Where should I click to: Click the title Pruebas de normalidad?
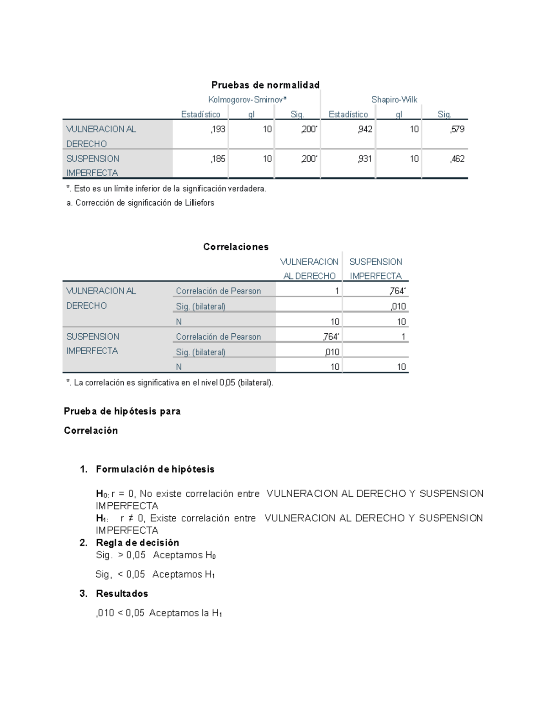pyautogui.click(x=265, y=85)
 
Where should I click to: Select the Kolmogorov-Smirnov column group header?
pyautogui.click(x=247, y=100)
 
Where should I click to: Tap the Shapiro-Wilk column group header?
pyautogui.click(x=394, y=100)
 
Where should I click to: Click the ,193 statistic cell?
pyautogui.click(x=218, y=129)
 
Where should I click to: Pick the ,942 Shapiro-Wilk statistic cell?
pyautogui.click(x=365, y=129)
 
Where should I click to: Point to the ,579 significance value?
pyautogui.click(x=457, y=129)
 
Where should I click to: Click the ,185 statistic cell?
pyautogui.click(x=218, y=159)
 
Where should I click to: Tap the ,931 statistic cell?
pyautogui.click(x=365, y=159)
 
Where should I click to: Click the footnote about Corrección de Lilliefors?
pyautogui.click(x=140, y=203)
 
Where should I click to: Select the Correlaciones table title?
pyautogui.click(x=236, y=247)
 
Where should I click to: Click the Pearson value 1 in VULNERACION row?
pyautogui.click(x=337, y=291)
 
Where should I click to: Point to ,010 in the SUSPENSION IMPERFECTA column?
pyautogui.click(x=398, y=306)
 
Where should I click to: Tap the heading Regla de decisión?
pyautogui.click(x=137, y=543)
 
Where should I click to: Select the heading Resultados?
pyautogui.click(x=122, y=593)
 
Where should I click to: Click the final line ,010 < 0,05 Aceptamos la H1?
pyautogui.click(x=159, y=613)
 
